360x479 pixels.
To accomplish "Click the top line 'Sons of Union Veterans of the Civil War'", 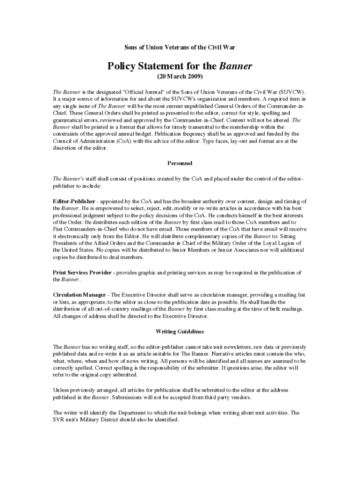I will pos(180,48).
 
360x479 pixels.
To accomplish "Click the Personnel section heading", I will pos(180,163).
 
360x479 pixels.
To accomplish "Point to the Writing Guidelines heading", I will pos(180,332).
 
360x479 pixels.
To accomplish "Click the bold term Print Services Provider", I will pos(81,272).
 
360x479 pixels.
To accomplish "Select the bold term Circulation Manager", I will pos(79,295).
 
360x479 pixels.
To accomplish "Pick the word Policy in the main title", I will pos(125,66).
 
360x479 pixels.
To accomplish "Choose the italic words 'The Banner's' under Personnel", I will pos(68,179).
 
